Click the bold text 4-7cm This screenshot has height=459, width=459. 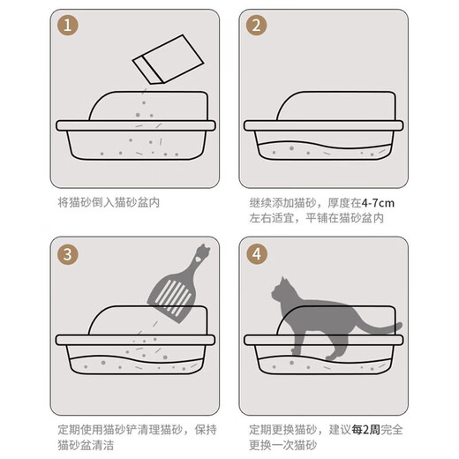pyautogui.click(x=378, y=202)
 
